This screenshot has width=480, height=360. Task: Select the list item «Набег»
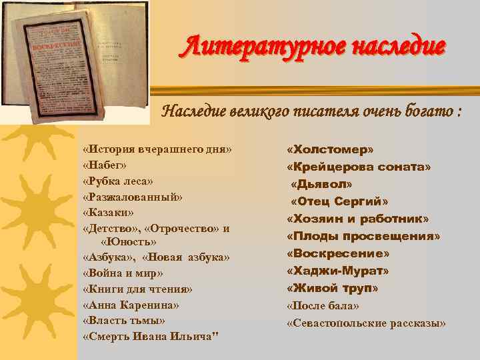click(105, 165)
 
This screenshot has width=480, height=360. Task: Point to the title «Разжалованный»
click(132, 197)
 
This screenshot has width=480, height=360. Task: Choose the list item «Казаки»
click(108, 213)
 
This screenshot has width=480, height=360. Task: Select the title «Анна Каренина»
click(131, 305)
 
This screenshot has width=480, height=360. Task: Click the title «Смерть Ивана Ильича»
click(150, 337)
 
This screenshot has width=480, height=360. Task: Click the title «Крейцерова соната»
click(359, 167)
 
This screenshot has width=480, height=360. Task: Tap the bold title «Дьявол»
click(321, 184)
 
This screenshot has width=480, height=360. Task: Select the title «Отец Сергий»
click(339, 201)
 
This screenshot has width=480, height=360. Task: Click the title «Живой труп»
click(332, 289)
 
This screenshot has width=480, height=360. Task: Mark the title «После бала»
click(323, 306)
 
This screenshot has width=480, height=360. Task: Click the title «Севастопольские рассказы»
click(366, 323)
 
